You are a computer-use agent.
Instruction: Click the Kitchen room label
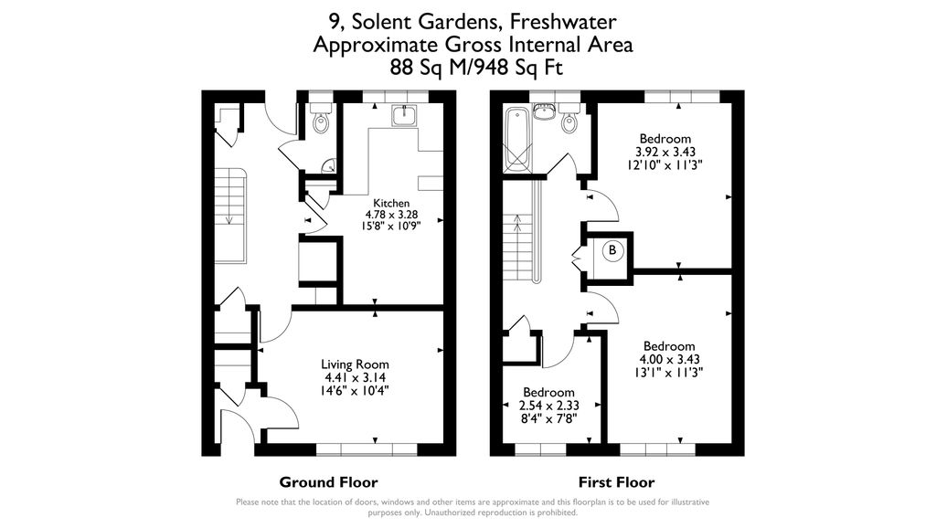(x=390, y=203)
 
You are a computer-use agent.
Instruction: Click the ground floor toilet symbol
(x=320, y=121)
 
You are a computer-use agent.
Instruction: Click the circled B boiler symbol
(x=612, y=250)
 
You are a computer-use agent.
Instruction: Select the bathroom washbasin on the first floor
(x=544, y=112)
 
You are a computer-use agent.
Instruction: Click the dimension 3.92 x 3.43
(x=665, y=152)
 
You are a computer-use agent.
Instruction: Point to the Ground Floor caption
(x=328, y=482)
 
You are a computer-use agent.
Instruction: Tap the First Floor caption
(x=617, y=482)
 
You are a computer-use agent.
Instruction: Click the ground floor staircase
(x=230, y=215)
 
